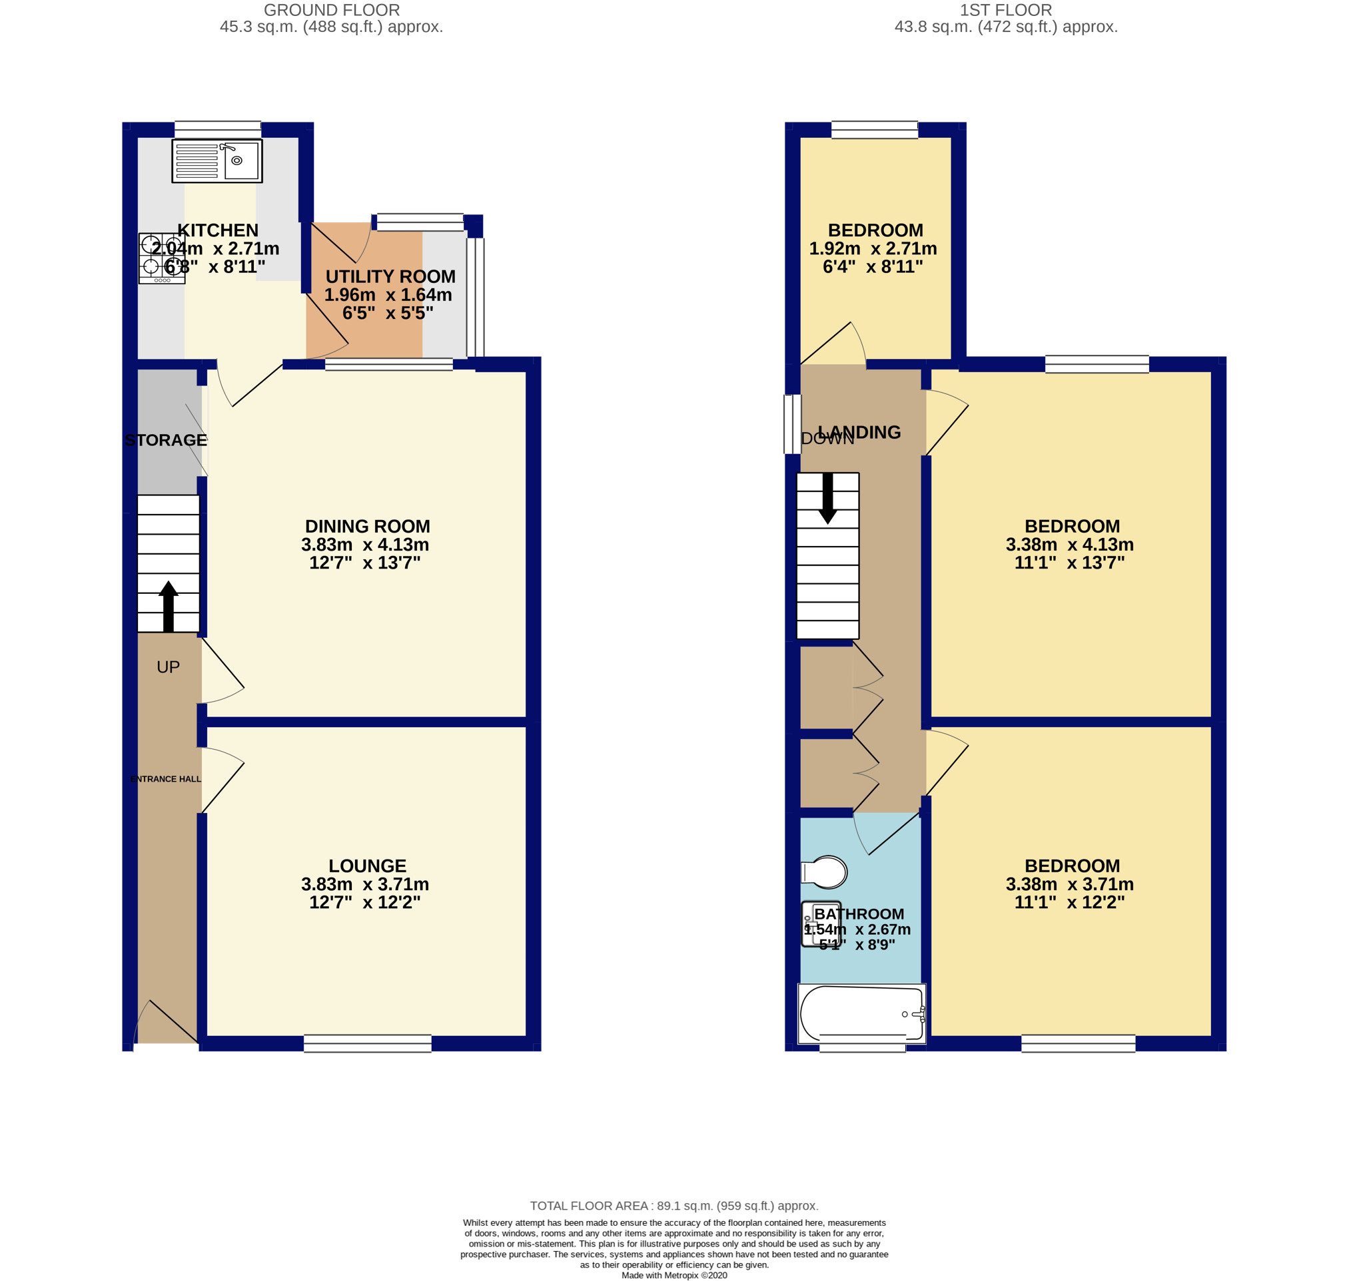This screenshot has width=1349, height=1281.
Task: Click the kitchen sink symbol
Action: pos(217,161)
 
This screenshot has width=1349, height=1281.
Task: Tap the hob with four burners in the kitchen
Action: pos(162,258)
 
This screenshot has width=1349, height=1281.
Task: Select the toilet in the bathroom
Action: pos(825,872)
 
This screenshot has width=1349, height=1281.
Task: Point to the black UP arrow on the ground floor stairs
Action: pos(168,606)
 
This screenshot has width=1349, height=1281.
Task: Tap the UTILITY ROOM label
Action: pos(390,276)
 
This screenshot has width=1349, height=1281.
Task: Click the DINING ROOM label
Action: pos(368,527)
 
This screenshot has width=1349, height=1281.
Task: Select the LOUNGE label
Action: pos(368,866)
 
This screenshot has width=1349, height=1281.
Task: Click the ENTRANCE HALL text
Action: pos(166,779)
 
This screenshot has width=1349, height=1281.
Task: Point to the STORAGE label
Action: pos(166,441)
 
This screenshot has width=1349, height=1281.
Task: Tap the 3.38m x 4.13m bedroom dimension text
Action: pos(1070,545)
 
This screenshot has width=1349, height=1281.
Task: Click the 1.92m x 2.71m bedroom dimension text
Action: pos(873,248)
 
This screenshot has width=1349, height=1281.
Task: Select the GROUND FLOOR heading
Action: pos(332,10)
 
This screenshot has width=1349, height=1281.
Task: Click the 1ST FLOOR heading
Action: pos(1005,10)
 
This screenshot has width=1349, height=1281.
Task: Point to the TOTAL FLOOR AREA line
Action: pos(674,1206)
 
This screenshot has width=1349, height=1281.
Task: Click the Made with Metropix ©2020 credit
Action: pos(674,1275)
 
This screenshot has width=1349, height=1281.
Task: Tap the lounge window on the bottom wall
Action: pos(368,1043)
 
